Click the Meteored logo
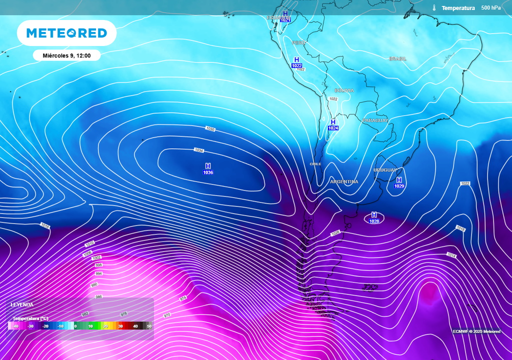[x=66, y=33]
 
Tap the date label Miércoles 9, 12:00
[x=66, y=55]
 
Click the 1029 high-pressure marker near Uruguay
[x=399, y=183]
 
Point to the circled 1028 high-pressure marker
[x=374, y=218]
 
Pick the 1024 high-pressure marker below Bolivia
[x=333, y=125]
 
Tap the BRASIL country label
[x=397, y=59]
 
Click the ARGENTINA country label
[x=344, y=181]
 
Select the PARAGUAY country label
[x=375, y=120]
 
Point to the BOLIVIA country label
[x=344, y=90]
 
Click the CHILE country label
[x=315, y=164]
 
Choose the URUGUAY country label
[x=384, y=170]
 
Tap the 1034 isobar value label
[x=199, y=150]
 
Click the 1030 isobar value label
[x=210, y=129]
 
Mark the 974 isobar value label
[x=183, y=298]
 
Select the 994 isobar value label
[x=98, y=274]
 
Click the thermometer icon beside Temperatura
[x=434, y=8]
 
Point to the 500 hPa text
[x=490, y=8]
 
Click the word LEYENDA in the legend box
[x=22, y=304]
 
